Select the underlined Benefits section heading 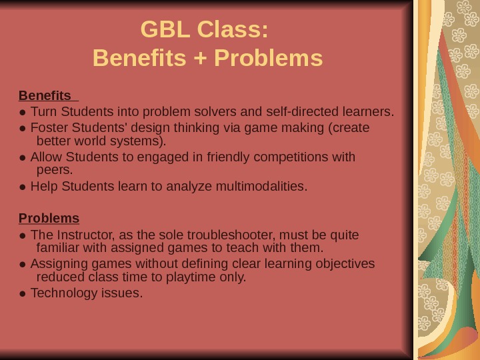pos(45,95)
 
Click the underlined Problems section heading pos(49,218)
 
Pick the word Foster pos(46,127)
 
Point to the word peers pos(54,170)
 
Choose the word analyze pos(193,186)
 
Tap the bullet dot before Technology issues pos(23,293)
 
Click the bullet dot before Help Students pos(23,187)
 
